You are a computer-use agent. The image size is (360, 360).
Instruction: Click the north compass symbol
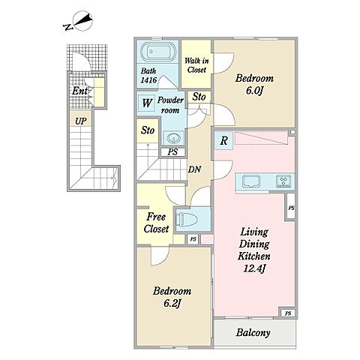coord(79,22)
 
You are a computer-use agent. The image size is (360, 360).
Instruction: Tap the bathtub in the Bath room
coord(157,52)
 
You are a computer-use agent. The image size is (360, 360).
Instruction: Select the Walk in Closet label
coord(196,65)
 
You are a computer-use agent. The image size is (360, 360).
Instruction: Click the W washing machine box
coord(147,103)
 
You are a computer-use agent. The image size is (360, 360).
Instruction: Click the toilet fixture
coord(187,220)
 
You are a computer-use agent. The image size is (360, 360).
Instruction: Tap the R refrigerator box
coord(223,141)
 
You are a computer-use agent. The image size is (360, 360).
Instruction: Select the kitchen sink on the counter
coord(251,181)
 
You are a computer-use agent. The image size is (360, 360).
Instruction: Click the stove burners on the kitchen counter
coord(283,181)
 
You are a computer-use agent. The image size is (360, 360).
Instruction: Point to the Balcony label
coord(253,332)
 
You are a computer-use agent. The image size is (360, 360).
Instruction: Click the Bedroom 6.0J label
coord(254,85)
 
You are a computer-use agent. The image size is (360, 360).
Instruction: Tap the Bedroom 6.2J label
coord(172,297)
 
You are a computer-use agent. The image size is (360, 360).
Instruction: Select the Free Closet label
coord(156,223)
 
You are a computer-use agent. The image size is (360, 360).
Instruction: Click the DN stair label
coord(194,169)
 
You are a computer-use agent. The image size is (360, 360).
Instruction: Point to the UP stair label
coord(81,121)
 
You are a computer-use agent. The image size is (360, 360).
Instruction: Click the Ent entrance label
coord(79,91)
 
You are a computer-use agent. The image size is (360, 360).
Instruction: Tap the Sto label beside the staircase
coord(148,130)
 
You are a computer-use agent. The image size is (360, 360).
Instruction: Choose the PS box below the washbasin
coord(173,151)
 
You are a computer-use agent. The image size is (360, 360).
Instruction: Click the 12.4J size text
coord(254,268)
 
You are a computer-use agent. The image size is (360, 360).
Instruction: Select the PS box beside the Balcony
coord(288,313)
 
